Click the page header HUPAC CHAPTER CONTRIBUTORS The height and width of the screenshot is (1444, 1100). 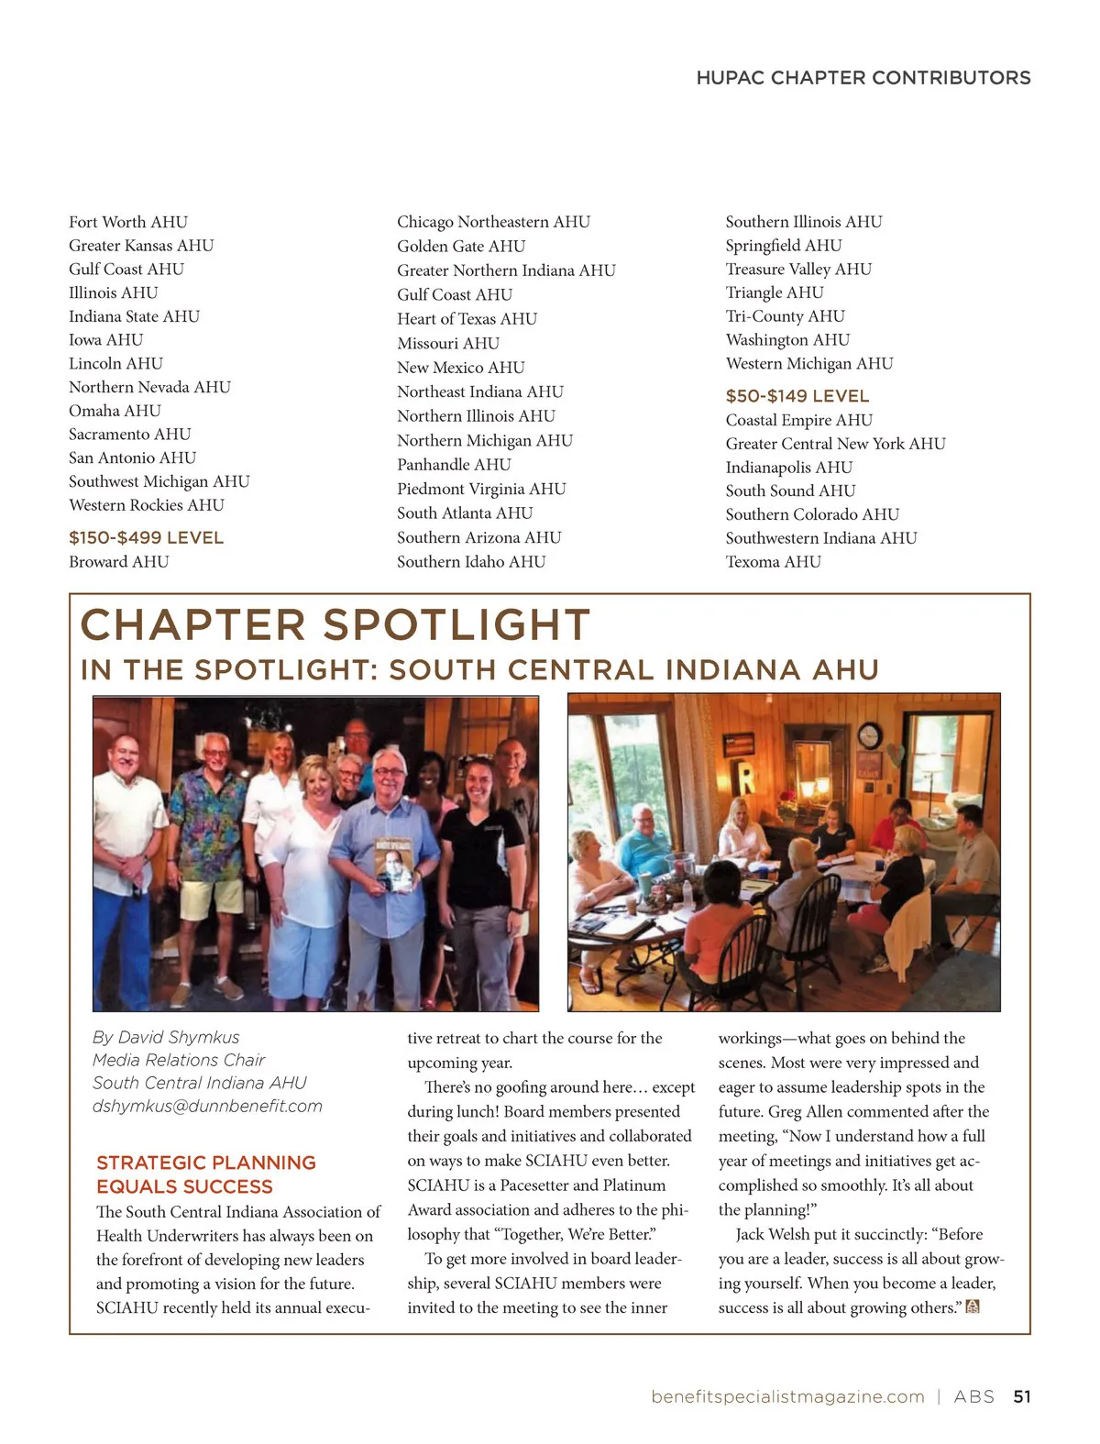pyautogui.click(x=863, y=78)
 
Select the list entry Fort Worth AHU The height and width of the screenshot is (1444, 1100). pyautogui.click(x=128, y=222)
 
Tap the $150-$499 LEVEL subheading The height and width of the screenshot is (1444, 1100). pyautogui.click(x=146, y=538)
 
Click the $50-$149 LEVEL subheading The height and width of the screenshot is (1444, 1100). pyautogui.click(x=797, y=396)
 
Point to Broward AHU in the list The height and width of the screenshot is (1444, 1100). pyautogui.click(x=119, y=562)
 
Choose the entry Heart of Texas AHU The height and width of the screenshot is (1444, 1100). pyautogui.click(x=467, y=319)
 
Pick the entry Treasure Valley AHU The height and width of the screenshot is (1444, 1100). pyautogui.click(x=798, y=269)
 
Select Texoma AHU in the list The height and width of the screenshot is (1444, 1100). pyautogui.click(x=773, y=562)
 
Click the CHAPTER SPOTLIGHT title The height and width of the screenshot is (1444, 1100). pyautogui.click(x=335, y=625)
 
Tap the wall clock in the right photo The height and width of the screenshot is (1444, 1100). pyautogui.click(x=869, y=734)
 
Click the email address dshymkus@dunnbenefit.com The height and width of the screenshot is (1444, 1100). pyautogui.click(x=207, y=1107)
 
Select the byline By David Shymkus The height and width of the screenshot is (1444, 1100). pyautogui.click(x=166, y=1037)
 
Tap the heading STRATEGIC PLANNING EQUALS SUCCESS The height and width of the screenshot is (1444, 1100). pyautogui.click(x=205, y=1174)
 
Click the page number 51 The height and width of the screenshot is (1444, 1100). pyautogui.click(x=1022, y=1396)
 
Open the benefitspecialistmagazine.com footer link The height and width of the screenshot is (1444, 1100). pyautogui.click(x=787, y=1396)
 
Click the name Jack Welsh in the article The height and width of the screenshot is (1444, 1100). pyautogui.click(x=775, y=1235)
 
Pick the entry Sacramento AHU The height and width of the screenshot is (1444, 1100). pyautogui.click(x=130, y=435)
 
